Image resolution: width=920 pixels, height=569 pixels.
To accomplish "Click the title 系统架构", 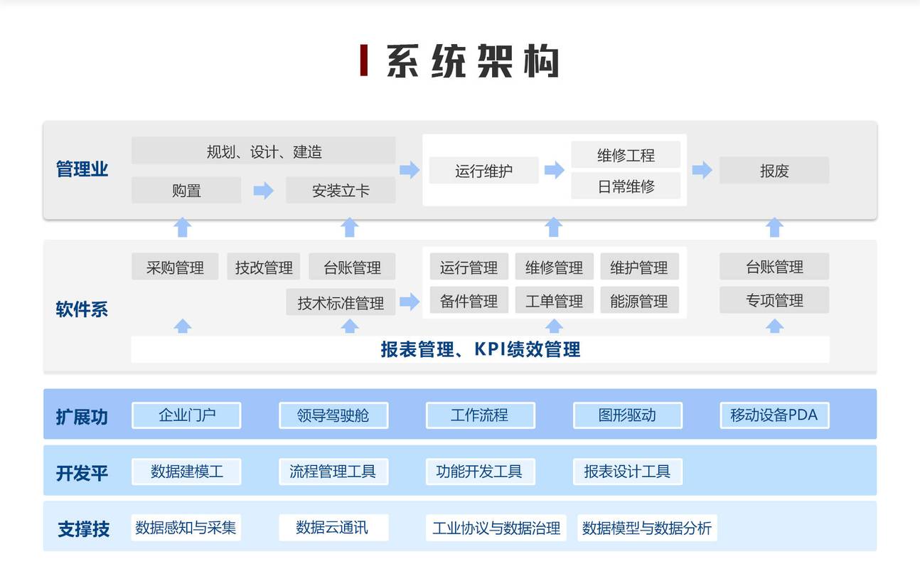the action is click(x=472, y=61).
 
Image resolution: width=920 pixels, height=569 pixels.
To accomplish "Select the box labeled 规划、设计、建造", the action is click(x=264, y=151).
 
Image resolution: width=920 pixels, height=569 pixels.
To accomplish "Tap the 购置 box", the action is click(x=186, y=190).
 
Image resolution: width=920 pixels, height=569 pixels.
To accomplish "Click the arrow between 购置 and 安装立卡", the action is click(x=264, y=190).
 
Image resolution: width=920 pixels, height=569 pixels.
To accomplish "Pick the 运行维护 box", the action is click(x=484, y=170).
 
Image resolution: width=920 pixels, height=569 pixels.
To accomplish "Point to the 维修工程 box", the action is click(x=626, y=154).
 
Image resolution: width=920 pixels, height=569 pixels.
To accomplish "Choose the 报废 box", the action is click(x=774, y=170).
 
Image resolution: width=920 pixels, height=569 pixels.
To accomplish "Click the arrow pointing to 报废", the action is click(x=702, y=170).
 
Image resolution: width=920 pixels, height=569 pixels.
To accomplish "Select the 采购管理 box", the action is click(x=175, y=267).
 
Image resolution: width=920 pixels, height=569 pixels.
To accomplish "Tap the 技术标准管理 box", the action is click(x=341, y=302).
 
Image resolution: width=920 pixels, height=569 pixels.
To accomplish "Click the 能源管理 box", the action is click(x=639, y=301).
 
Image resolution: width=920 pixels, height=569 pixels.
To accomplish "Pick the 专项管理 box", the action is click(x=774, y=300).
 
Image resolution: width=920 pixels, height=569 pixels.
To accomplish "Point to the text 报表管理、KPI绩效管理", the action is click(x=481, y=350).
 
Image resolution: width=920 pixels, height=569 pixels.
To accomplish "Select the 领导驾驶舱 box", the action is click(x=333, y=415).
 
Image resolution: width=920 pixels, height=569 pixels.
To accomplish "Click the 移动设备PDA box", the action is click(x=775, y=415).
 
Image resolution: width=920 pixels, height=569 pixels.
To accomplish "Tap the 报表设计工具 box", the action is click(x=628, y=472).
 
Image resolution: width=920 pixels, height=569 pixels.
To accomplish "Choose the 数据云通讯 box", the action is click(x=333, y=528).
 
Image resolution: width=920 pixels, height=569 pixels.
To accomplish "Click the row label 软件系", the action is click(x=82, y=309).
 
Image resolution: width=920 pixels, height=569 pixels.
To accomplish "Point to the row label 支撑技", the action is click(x=83, y=528).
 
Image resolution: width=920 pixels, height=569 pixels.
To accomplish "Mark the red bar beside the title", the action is click(x=363, y=60).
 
